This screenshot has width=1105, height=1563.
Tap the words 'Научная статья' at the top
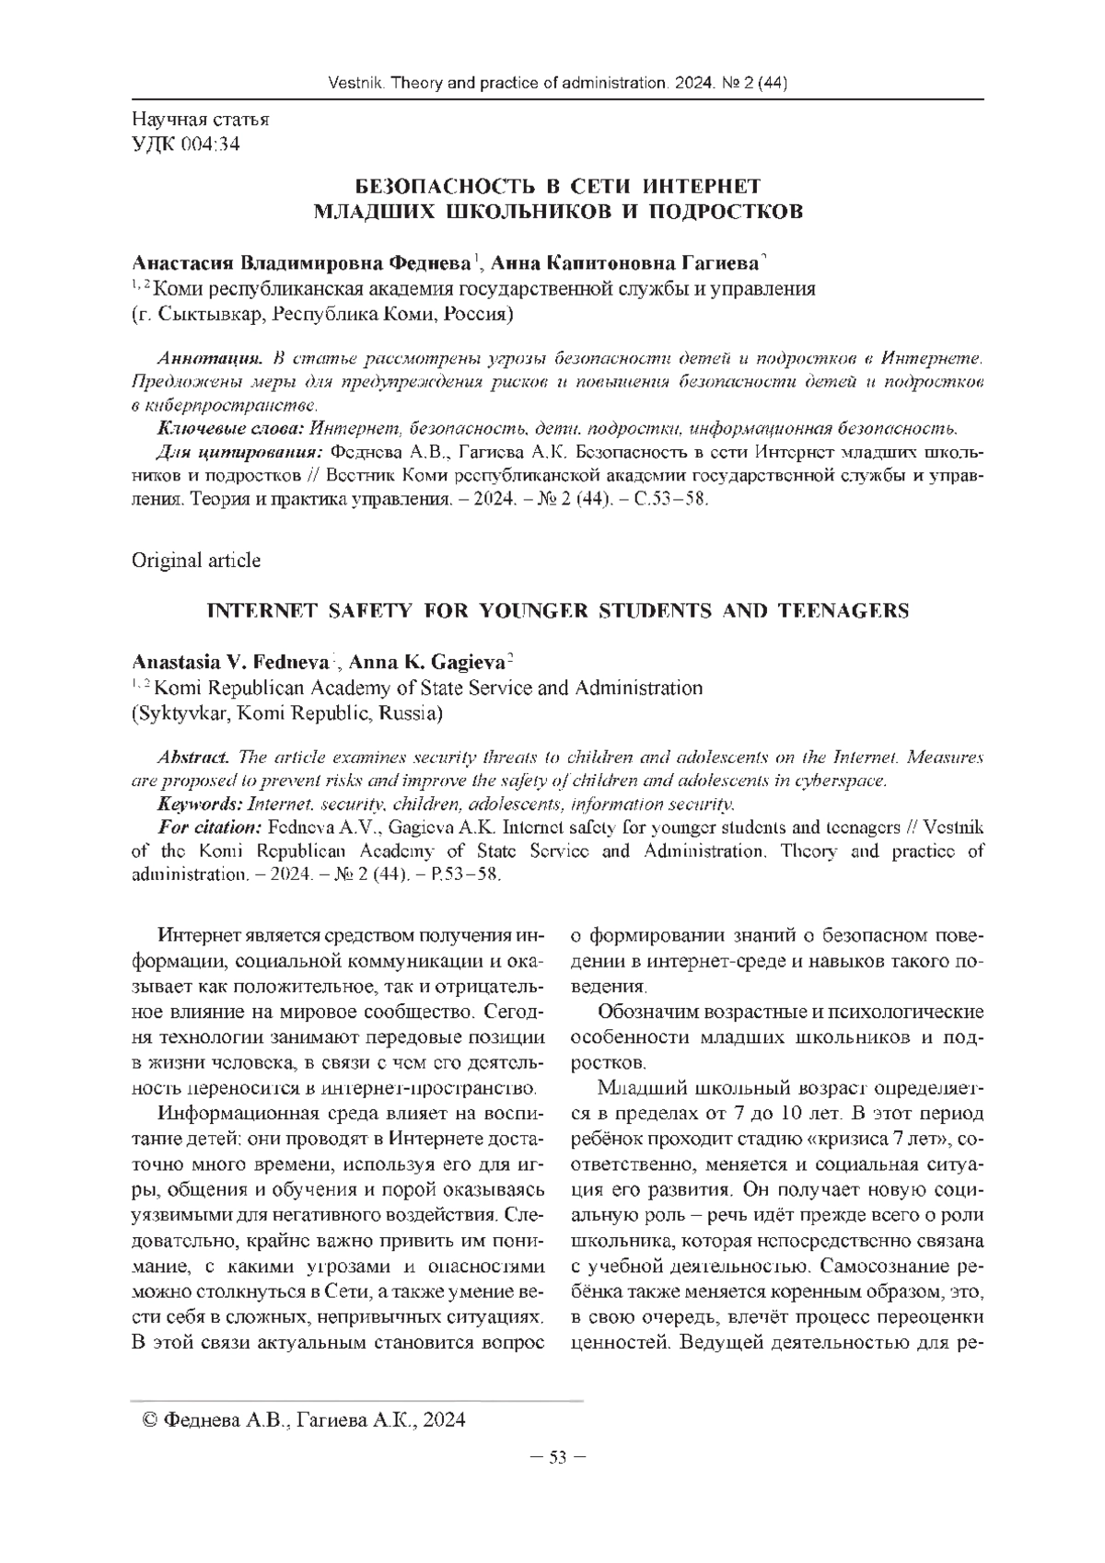click(201, 120)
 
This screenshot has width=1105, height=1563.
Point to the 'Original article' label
click(196, 560)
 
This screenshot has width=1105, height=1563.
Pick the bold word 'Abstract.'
click(193, 758)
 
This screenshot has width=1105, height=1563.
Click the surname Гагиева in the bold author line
click(717, 262)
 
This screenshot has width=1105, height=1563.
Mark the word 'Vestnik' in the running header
click(356, 85)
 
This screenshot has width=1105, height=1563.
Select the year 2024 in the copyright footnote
click(445, 1420)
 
